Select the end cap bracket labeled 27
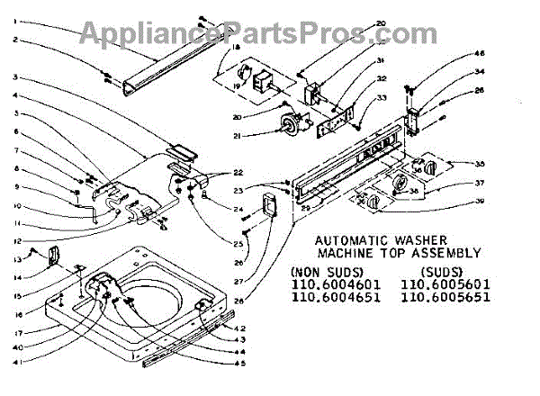pyautogui.click(x=266, y=206)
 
